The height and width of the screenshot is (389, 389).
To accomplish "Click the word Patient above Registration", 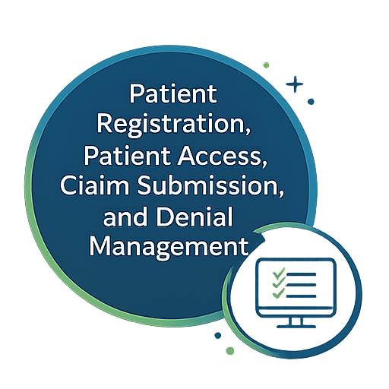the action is click(x=173, y=93).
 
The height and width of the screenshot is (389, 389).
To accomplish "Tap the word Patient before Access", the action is click(x=127, y=156).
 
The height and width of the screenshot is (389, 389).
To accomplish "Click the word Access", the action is click(x=222, y=156).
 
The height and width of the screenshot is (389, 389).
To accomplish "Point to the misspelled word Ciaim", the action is click(x=94, y=185).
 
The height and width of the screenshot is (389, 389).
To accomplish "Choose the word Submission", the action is click(x=210, y=186).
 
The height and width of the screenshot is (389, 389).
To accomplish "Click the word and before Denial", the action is click(x=125, y=217).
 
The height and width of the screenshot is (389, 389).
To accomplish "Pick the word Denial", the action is click(x=194, y=217).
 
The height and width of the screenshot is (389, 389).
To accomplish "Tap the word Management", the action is click(x=169, y=247).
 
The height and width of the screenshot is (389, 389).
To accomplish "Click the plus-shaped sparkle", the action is click(x=295, y=84).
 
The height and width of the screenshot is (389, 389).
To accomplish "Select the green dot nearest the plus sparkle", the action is click(x=266, y=65).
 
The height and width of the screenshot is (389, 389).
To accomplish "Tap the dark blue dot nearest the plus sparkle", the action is click(x=311, y=102).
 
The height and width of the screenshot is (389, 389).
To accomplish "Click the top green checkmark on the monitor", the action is click(x=279, y=274).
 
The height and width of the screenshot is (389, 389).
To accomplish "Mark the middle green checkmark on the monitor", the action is click(x=279, y=284).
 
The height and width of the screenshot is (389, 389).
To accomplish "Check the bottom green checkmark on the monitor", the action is click(x=279, y=295).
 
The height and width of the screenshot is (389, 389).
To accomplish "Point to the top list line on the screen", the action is click(x=302, y=274).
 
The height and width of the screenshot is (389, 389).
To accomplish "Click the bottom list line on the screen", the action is click(x=302, y=296).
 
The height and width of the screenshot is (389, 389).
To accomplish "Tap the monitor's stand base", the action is click(x=296, y=327).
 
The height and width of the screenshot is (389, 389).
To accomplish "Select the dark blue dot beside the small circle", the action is click(x=218, y=336).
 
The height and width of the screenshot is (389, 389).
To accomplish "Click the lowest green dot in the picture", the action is click(x=229, y=351).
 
